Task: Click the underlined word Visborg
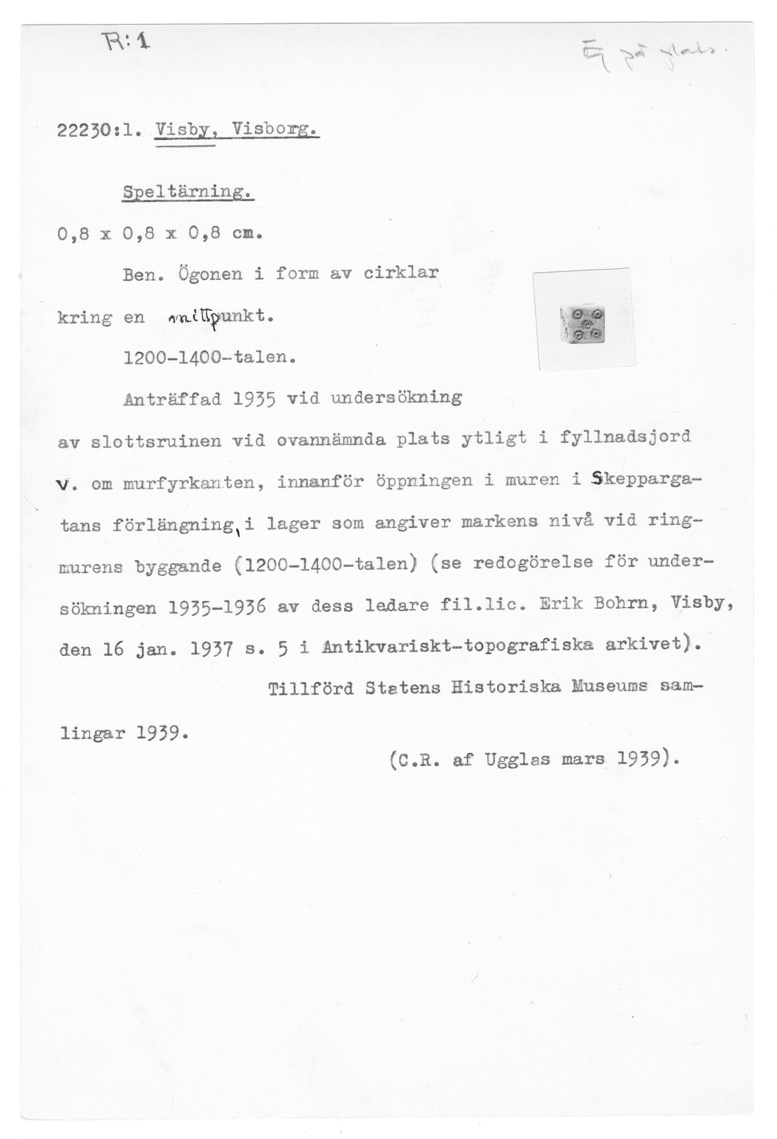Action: click(x=276, y=131)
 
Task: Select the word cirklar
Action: click(x=401, y=272)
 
